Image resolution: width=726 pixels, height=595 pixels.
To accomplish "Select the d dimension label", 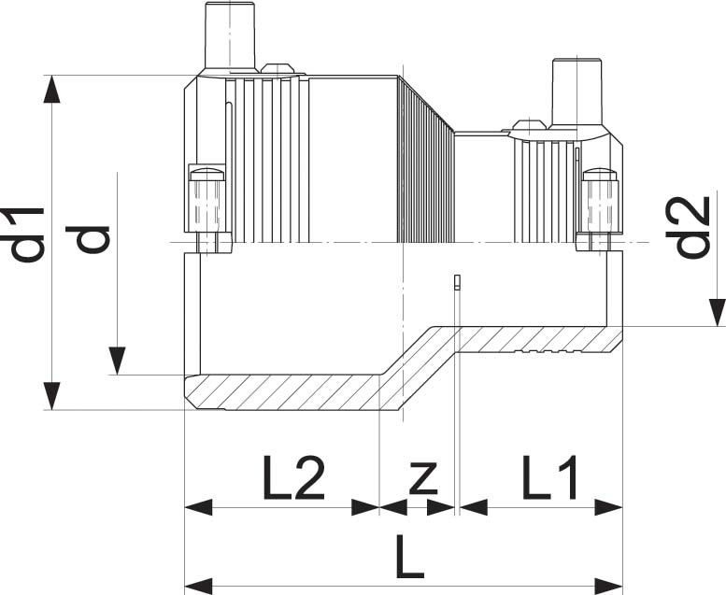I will click(93, 238).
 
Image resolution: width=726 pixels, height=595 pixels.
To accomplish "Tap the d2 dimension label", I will click(690, 226).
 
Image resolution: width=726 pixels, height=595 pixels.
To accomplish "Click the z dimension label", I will click(423, 478).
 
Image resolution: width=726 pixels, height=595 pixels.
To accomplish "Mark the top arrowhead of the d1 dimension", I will click(53, 89).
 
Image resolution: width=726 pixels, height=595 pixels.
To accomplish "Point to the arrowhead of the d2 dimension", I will click(716, 312).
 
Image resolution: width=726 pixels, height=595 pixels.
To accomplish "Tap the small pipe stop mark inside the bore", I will click(456, 282).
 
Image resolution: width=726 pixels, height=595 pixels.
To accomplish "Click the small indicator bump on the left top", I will click(277, 68).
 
